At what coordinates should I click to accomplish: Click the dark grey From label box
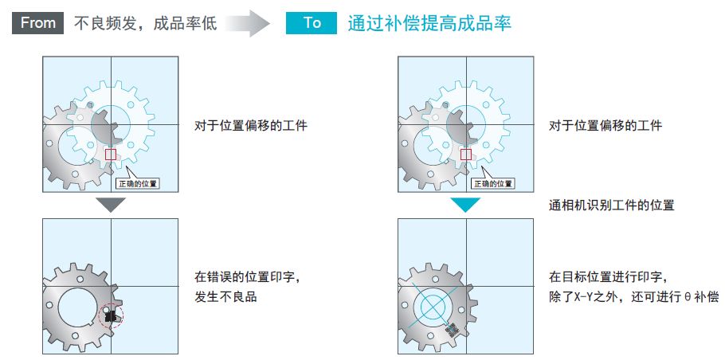(38, 22)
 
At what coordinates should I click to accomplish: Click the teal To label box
(312, 22)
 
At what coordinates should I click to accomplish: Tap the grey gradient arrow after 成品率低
(247, 23)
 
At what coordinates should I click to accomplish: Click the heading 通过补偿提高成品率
(429, 23)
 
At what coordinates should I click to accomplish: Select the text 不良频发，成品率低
(145, 23)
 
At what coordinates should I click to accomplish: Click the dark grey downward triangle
(111, 205)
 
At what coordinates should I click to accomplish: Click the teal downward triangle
(465, 205)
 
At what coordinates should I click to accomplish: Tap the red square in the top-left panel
(111, 155)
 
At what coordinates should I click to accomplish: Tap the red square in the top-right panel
(465, 155)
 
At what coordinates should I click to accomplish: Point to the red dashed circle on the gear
(111, 317)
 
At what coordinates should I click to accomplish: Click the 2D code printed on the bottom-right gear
(453, 330)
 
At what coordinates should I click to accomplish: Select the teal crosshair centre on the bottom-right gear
(433, 307)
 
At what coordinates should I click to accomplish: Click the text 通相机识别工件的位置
(611, 205)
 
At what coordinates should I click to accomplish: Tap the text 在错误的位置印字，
(248, 277)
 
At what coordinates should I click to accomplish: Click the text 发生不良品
(225, 297)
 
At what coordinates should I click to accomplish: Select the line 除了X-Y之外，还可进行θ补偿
(633, 297)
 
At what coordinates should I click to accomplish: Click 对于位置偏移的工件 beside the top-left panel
(251, 125)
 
